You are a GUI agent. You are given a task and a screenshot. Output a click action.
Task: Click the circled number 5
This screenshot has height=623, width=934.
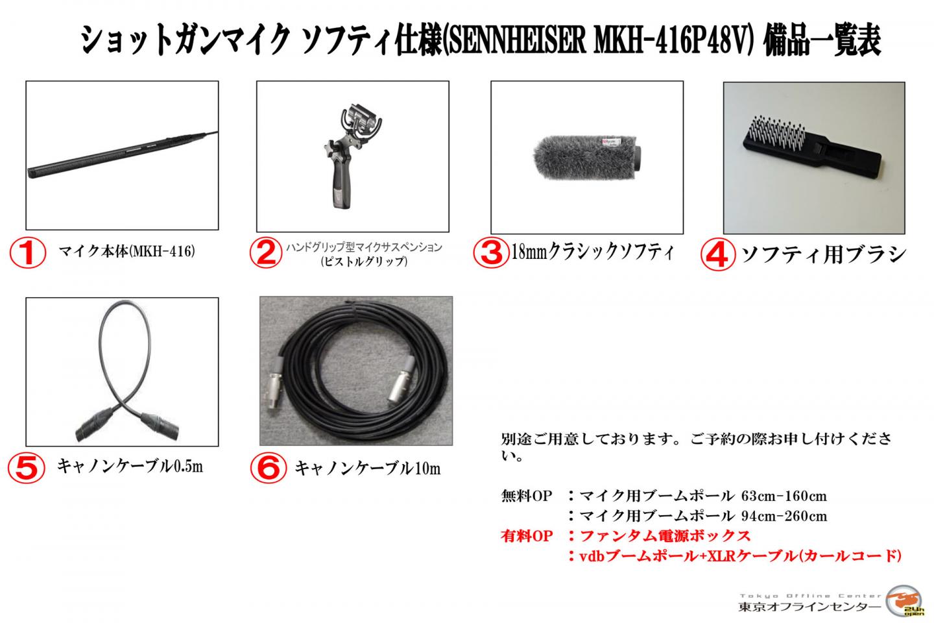[x=26, y=467]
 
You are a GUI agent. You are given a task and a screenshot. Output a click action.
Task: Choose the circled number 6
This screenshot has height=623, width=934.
[x=267, y=467]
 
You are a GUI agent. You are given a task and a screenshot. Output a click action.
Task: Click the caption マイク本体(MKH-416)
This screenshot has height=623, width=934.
[x=126, y=251]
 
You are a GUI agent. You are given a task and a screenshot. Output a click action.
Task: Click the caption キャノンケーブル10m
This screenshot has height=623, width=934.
[x=367, y=467]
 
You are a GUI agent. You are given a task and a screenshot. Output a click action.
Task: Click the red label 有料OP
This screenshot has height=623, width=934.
[x=526, y=536]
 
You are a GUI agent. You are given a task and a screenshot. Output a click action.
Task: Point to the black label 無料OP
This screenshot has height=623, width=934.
[x=526, y=496]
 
